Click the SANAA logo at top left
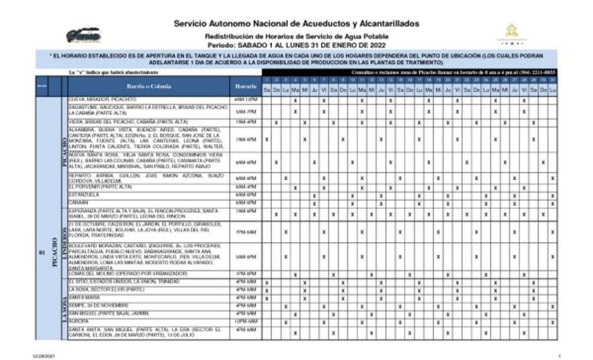(x=84, y=36)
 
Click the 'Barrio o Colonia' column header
(x=149, y=86)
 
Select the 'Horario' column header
(x=246, y=86)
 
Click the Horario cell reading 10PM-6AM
(x=246, y=322)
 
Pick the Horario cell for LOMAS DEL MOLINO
(x=246, y=274)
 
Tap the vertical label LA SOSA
(x=64, y=309)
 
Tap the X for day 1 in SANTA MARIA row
(x=266, y=298)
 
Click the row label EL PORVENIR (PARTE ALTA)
(x=100, y=187)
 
